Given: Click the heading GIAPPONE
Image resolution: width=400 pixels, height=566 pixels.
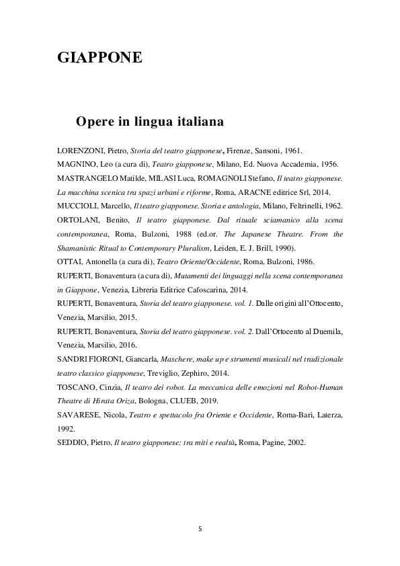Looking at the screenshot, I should [99, 58].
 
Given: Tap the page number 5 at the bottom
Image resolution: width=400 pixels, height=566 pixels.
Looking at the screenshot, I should [200, 529].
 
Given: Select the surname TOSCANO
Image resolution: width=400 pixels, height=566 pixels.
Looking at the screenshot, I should [72, 387].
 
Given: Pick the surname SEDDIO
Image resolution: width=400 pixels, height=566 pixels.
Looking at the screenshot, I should [69, 443].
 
